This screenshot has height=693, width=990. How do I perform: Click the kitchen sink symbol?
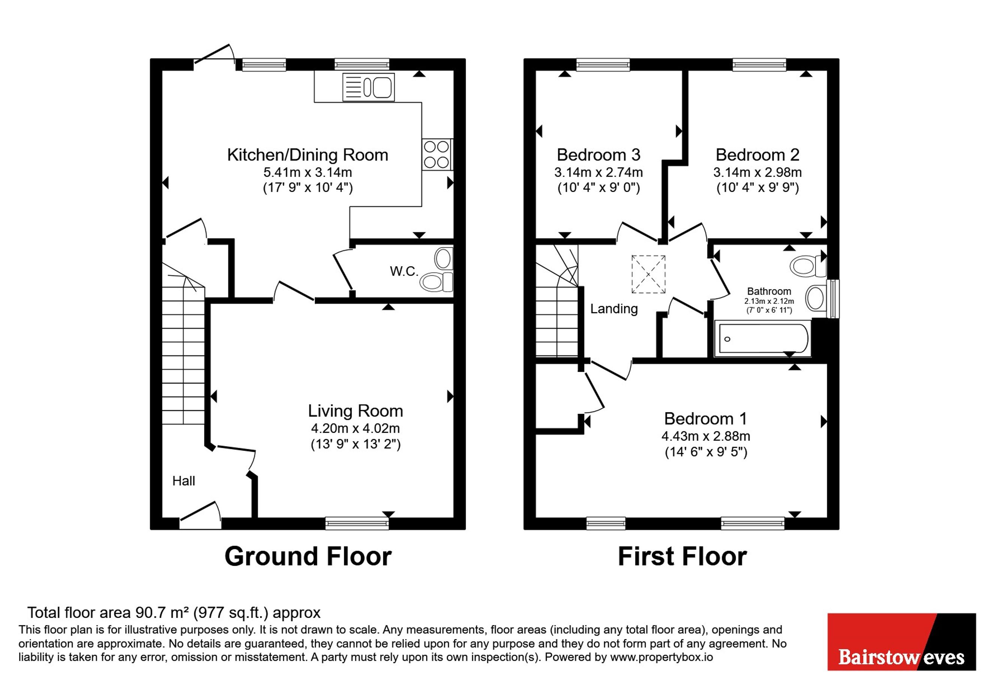click(368, 87)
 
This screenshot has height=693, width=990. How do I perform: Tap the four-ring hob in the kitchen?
click(437, 154)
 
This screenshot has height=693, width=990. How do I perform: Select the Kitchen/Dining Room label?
click(307, 155)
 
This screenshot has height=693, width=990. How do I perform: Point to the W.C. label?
click(404, 271)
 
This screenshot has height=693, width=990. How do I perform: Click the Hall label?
click(184, 481)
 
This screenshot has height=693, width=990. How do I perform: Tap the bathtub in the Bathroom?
click(762, 339)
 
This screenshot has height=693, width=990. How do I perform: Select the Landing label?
click(614, 309)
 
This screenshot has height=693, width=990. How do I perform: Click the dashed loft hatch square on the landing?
click(648, 274)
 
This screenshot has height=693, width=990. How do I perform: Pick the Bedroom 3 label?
click(598, 155)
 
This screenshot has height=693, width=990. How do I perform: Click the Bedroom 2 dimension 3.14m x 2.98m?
click(757, 172)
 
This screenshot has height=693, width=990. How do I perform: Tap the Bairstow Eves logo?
click(901, 642)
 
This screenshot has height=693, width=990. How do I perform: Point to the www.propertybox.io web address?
click(661, 657)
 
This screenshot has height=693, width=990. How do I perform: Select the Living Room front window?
click(357, 523)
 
